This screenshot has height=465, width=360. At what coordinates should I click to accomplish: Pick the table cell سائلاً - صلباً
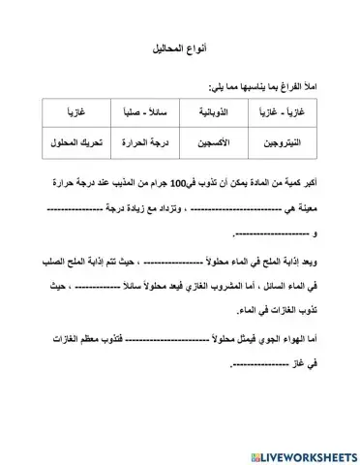pyautogui.click(x=145, y=114)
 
